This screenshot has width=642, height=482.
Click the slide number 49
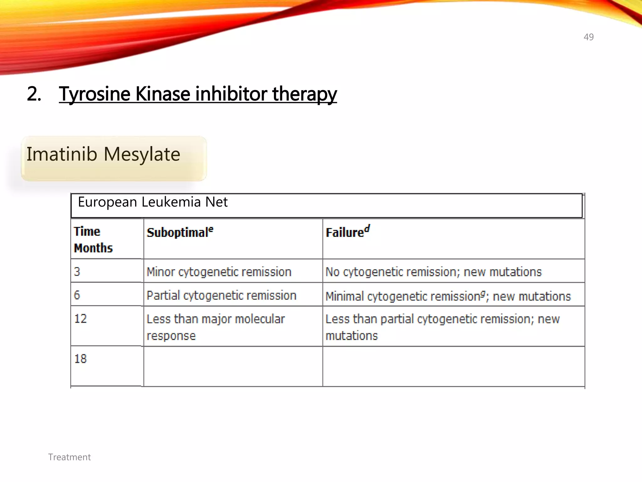(x=588, y=37)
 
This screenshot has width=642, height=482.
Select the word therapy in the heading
(x=304, y=94)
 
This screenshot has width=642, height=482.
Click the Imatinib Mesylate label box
(x=113, y=158)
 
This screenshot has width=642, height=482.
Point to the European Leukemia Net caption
(x=153, y=202)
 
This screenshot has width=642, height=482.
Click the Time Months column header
(x=93, y=240)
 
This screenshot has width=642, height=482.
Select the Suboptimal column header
(x=180, y=233)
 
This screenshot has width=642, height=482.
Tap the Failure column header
(x=347, y=232)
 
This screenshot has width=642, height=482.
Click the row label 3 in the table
(x=77, y=271)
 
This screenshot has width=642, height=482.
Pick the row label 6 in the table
(x=77, y=295)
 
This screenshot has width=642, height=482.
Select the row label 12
(x=81, y=319)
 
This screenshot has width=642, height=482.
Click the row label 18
(x=81, y=359)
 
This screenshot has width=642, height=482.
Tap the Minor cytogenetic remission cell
(x=219, y=272)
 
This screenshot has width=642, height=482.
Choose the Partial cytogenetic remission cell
(x=221, y=296)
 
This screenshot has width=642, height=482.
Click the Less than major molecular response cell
(x=216, y=327)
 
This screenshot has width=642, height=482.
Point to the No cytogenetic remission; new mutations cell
(x=434, y=272)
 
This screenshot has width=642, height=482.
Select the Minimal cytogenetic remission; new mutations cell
(x=448, y=296)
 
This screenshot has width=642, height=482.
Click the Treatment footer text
(x=69, y=457)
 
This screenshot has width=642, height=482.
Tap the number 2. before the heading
(x=34, y=94)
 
